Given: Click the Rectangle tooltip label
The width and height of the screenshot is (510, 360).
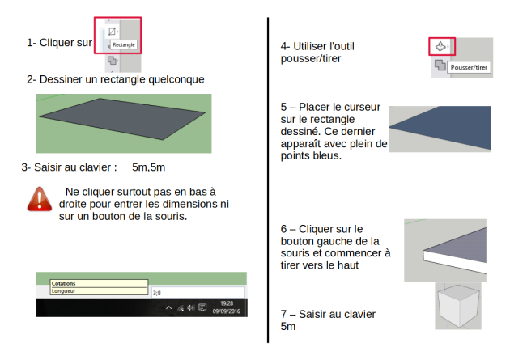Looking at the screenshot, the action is (x=124, y=44).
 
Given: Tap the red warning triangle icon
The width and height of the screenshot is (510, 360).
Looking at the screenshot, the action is (x=40, y=199).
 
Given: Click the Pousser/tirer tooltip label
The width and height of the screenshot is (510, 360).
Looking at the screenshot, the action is (x=469, y=68).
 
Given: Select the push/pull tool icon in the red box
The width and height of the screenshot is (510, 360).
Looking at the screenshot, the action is (x=440, y=46).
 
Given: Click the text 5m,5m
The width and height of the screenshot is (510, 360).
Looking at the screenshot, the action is (x=148, y=167).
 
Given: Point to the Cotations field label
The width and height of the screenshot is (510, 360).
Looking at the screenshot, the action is (x=63, y=284).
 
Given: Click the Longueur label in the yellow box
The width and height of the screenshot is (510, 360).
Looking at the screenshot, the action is (x=63, y=291).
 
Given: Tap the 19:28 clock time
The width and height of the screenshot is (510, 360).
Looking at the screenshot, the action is (x=227, y=303).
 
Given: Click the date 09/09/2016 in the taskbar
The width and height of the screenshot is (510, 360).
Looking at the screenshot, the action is (x=227, y=311).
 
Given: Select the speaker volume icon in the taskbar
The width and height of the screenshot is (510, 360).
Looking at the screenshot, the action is (x=191, y=307).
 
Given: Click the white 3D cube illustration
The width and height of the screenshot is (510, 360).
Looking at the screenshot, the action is (x=458, y=306).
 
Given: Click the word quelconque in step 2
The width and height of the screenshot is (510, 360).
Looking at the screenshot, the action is (x=176, y=79).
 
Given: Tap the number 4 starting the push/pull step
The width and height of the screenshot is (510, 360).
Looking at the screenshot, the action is (x=283, y=46).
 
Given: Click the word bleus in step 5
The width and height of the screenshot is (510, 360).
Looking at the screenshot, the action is (x=329, y=155).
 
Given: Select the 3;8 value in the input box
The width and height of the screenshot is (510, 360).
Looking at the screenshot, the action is (x=157, y=293).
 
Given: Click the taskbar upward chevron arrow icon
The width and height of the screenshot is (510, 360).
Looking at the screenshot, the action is (x=169, y=307).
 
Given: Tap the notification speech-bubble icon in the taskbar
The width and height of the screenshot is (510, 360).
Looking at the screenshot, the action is (x=202, y=307).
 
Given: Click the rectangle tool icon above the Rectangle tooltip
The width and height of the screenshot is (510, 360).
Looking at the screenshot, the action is (x=112, y=32).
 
